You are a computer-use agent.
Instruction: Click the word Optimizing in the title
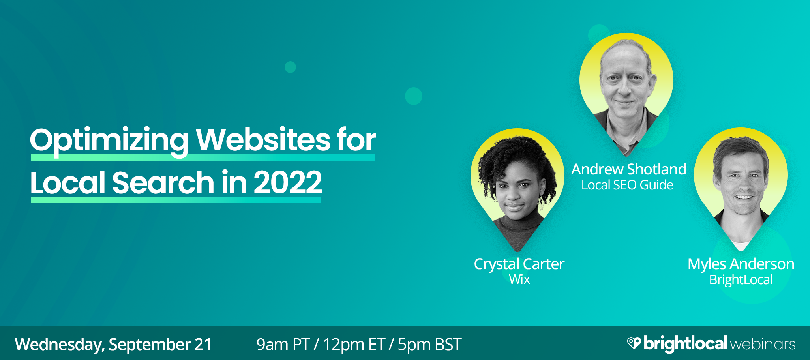pyautogui.click(x=109, y=141)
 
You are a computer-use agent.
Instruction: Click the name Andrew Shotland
pyautogui.click(x=629, y=169)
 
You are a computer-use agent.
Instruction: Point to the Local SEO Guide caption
pyautogui.click(x=627, y=185)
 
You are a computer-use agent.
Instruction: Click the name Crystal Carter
pyautogui.click(x=519, y=264)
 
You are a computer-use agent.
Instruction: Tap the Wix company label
pyautogui.click(x=519, y=279)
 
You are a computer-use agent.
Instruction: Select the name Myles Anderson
pyautogui.click(x=741, y=264)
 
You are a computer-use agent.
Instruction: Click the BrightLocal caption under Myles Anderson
pyautogui.click(x=741, y=280)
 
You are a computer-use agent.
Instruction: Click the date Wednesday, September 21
pyautogui.click(x=113, y=345)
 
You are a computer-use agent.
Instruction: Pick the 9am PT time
pyautogui.click(x=283, y=345)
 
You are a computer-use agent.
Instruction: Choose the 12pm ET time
pyautogui.click(x=354, y=345)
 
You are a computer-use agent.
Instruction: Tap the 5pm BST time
pyautogui.click(x=429, y=345)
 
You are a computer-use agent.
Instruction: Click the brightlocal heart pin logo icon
pyautogui.click(x=634, y=343)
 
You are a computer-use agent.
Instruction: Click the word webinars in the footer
pyautogui.click(x=763, y=345)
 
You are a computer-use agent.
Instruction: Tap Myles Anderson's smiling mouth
pyautogui.click(x=743, y=197)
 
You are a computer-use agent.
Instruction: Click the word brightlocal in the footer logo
pyautogui.click(x=685, y=344)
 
